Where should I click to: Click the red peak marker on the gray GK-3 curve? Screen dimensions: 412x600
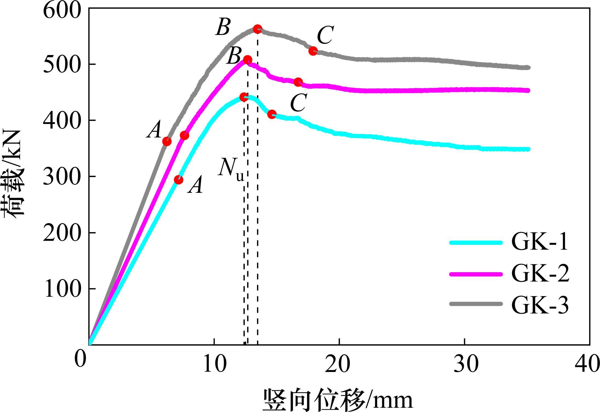(257, 29)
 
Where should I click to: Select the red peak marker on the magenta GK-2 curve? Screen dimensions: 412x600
(248, 60)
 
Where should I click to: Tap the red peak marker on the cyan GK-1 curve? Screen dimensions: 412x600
(244, 97)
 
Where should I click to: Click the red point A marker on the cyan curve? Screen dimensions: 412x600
(179, 180)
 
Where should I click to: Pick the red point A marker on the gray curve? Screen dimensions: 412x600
(167, 141)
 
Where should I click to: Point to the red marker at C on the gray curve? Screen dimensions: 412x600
(313, 51)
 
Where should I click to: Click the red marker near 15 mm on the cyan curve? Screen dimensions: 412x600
(272, 114)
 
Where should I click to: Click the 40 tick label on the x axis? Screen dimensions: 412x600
(586, 365)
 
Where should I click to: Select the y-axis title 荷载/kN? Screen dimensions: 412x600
(14, 174)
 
